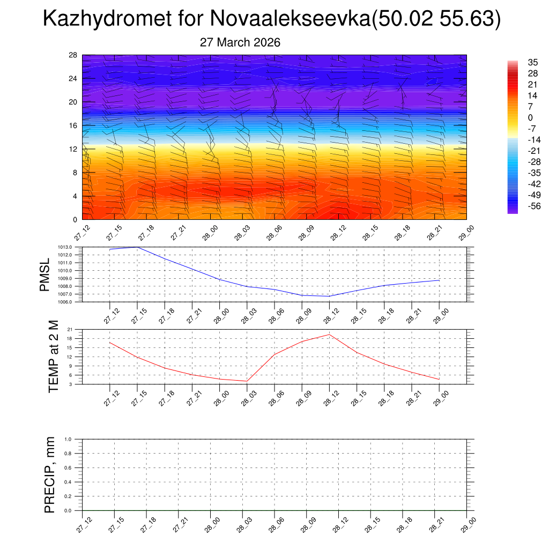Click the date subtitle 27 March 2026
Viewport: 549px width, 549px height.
pyautogui.click(x=240, y=42)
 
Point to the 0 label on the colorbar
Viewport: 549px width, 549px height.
pyautogui.click(x=530, y=117)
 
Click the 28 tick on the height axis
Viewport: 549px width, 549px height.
pyautogui.click(x=73, y=55)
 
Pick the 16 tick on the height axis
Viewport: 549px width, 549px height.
pyautogui.click(x=73, y=125)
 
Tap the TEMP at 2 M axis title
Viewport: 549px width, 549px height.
pyautogui.click(x=53, y=357)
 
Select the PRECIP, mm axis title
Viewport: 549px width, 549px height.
pyautogui.click(x=50, y=474)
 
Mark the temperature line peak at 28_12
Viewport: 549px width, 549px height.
pyautogui.click(x=329, y=335)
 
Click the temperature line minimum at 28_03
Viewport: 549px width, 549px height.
pyautogui.click(x=247, y=381)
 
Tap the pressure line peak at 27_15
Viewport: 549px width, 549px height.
pyautogui.click(x=137, y=247)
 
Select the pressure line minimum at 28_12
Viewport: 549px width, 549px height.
pyautogui.click(x=329, y=296)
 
